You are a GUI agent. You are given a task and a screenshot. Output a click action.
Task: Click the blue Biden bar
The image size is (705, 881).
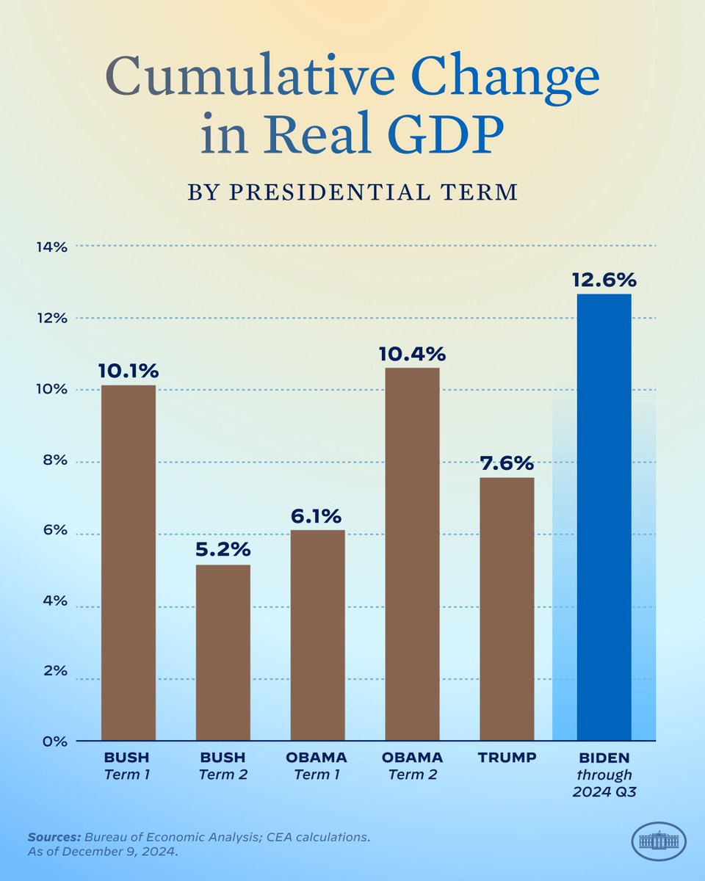click(x=604, y=518)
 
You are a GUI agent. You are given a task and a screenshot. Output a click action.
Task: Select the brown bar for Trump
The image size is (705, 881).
click(x=507, y=609)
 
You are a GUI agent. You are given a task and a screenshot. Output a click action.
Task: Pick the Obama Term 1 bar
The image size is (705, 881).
click(x=317, y=635)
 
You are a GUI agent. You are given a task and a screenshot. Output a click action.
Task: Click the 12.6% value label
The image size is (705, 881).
click(x=604, y=280)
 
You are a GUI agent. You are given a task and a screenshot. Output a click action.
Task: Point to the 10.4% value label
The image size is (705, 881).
click(x=412, y=354)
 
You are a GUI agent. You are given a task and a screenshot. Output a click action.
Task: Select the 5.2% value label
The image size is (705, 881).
click(x=223, y=550)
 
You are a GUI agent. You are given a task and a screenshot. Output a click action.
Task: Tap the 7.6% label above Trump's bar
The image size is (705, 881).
click(x=507, y=463)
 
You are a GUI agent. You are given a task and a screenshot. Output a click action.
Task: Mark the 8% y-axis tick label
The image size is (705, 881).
click(x=53, y=461)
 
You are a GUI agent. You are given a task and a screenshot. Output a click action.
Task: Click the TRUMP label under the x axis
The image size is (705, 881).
click(x=507, y=757)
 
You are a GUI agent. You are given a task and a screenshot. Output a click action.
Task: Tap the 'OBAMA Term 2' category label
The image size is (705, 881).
click(x=412, y=764)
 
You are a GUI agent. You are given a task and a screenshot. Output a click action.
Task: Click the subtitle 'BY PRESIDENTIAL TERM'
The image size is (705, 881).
click(x=352, y=192)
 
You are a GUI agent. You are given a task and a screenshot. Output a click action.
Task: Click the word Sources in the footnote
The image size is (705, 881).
click(x=54, y=836)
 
